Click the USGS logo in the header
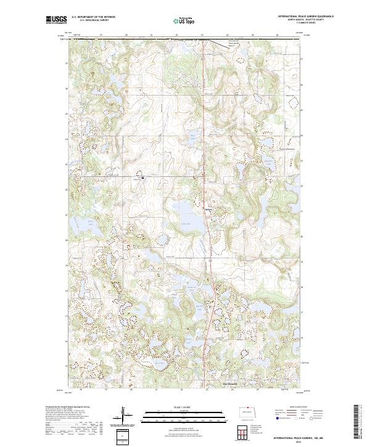click(57, 19)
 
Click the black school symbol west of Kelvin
click(143, 177)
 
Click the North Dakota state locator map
click(247, 412)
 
